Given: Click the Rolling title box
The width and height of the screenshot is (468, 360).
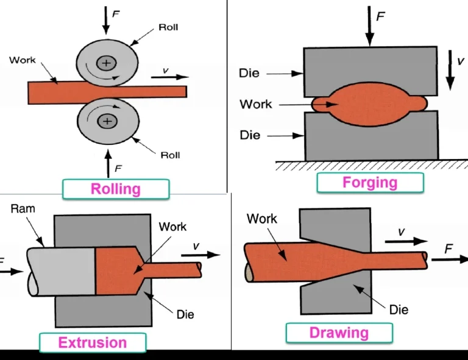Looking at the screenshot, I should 116,189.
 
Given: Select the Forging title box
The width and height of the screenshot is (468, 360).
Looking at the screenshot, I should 370,183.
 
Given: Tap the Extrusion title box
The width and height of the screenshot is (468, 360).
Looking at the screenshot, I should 93,343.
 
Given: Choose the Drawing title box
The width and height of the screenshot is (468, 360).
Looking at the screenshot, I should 339,333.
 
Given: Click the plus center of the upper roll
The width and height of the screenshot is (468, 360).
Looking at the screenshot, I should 107,62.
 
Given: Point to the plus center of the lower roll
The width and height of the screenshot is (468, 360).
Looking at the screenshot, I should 107,122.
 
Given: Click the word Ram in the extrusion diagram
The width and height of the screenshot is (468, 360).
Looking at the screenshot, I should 23,209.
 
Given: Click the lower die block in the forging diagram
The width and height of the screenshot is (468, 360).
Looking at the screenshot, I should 370,138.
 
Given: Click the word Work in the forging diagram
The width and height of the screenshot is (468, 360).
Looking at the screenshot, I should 256,104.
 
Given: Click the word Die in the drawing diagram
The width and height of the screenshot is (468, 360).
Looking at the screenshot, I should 399,309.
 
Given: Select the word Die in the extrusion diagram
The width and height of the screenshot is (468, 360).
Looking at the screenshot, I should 185,315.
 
